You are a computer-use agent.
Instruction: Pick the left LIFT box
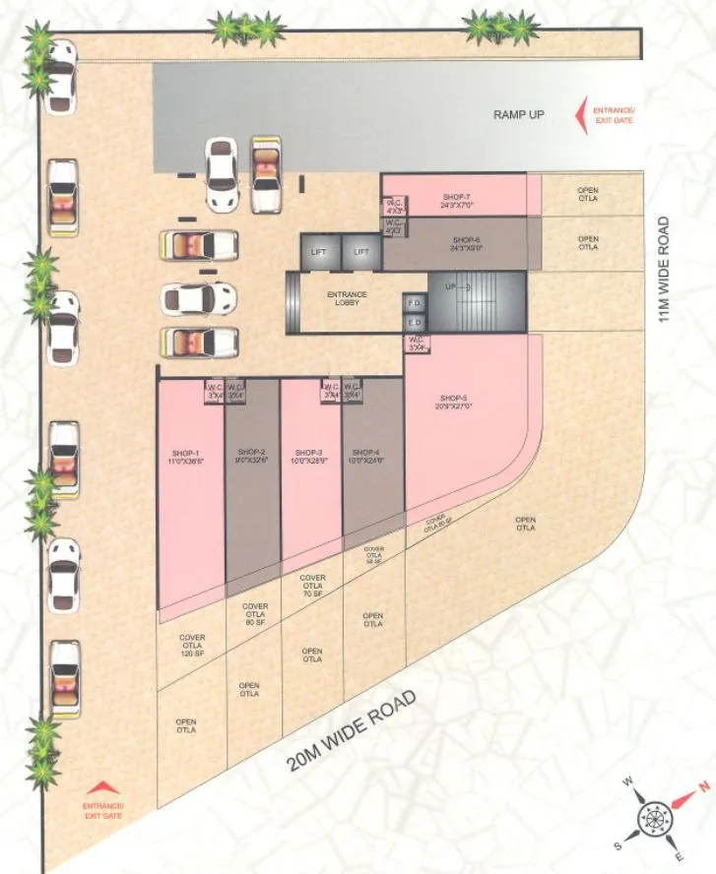(x=319, y=252)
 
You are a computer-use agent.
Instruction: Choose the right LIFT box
(x=361, y=252)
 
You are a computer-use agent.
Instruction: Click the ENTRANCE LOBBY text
(x=347, y=298)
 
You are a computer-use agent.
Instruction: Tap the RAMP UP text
(x=519, y=115)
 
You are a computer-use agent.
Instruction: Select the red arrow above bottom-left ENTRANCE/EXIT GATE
(x=104, y=787)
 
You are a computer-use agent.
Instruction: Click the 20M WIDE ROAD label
(x=352, y=732)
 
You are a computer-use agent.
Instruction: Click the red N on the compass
(x=703, y=785)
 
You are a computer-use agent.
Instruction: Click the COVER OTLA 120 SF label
(x=192, y=646)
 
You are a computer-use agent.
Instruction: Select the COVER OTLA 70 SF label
(x=312, y=586)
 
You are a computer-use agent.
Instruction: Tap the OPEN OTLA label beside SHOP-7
(x=588, y=194)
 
